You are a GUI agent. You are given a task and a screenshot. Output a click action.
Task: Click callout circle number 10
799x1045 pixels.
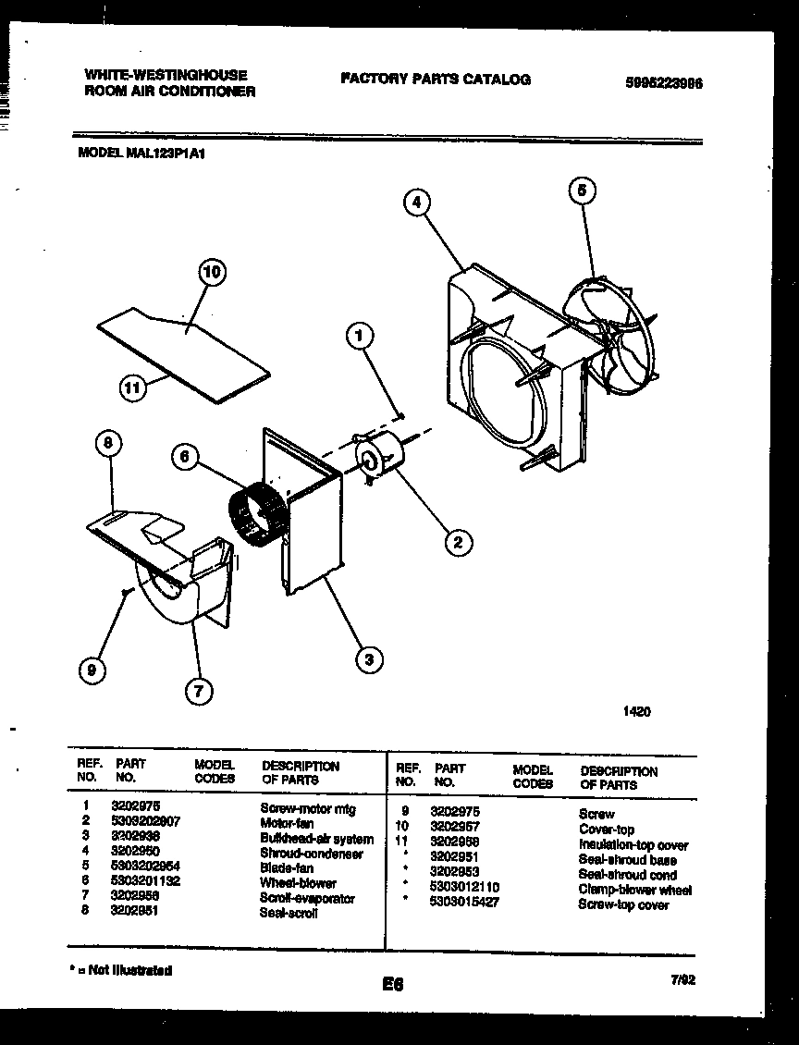213,272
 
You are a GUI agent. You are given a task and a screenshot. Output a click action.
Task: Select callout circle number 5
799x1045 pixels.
581,191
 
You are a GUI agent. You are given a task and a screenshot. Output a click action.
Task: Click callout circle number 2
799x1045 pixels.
456,542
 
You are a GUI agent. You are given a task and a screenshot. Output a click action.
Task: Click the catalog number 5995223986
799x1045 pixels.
664,81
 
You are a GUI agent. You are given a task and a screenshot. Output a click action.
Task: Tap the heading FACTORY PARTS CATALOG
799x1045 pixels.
436,80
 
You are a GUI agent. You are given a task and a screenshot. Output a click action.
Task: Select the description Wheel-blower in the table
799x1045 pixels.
298,883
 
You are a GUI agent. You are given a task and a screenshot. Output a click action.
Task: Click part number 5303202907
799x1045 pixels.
145,820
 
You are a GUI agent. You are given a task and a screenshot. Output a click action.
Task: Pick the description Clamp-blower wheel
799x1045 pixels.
634,891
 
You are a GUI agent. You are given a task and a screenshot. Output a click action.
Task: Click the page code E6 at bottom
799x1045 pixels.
393,985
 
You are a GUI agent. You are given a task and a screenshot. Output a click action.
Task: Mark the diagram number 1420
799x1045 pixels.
636,711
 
